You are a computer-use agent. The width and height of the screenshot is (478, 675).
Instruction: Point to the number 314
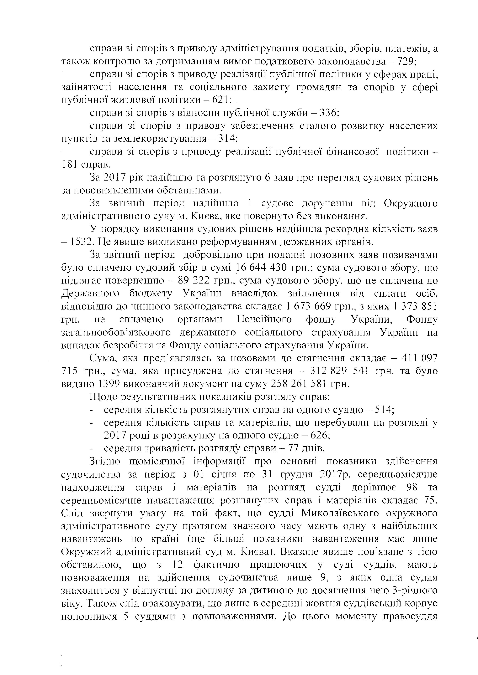point(226,138)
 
